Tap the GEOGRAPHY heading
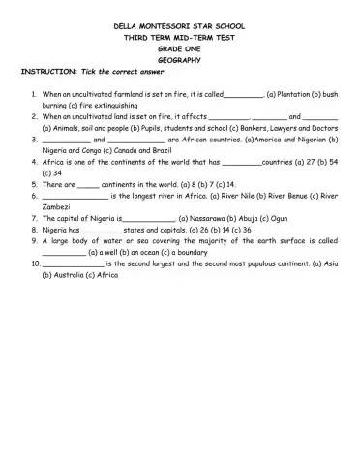point(180,58)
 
